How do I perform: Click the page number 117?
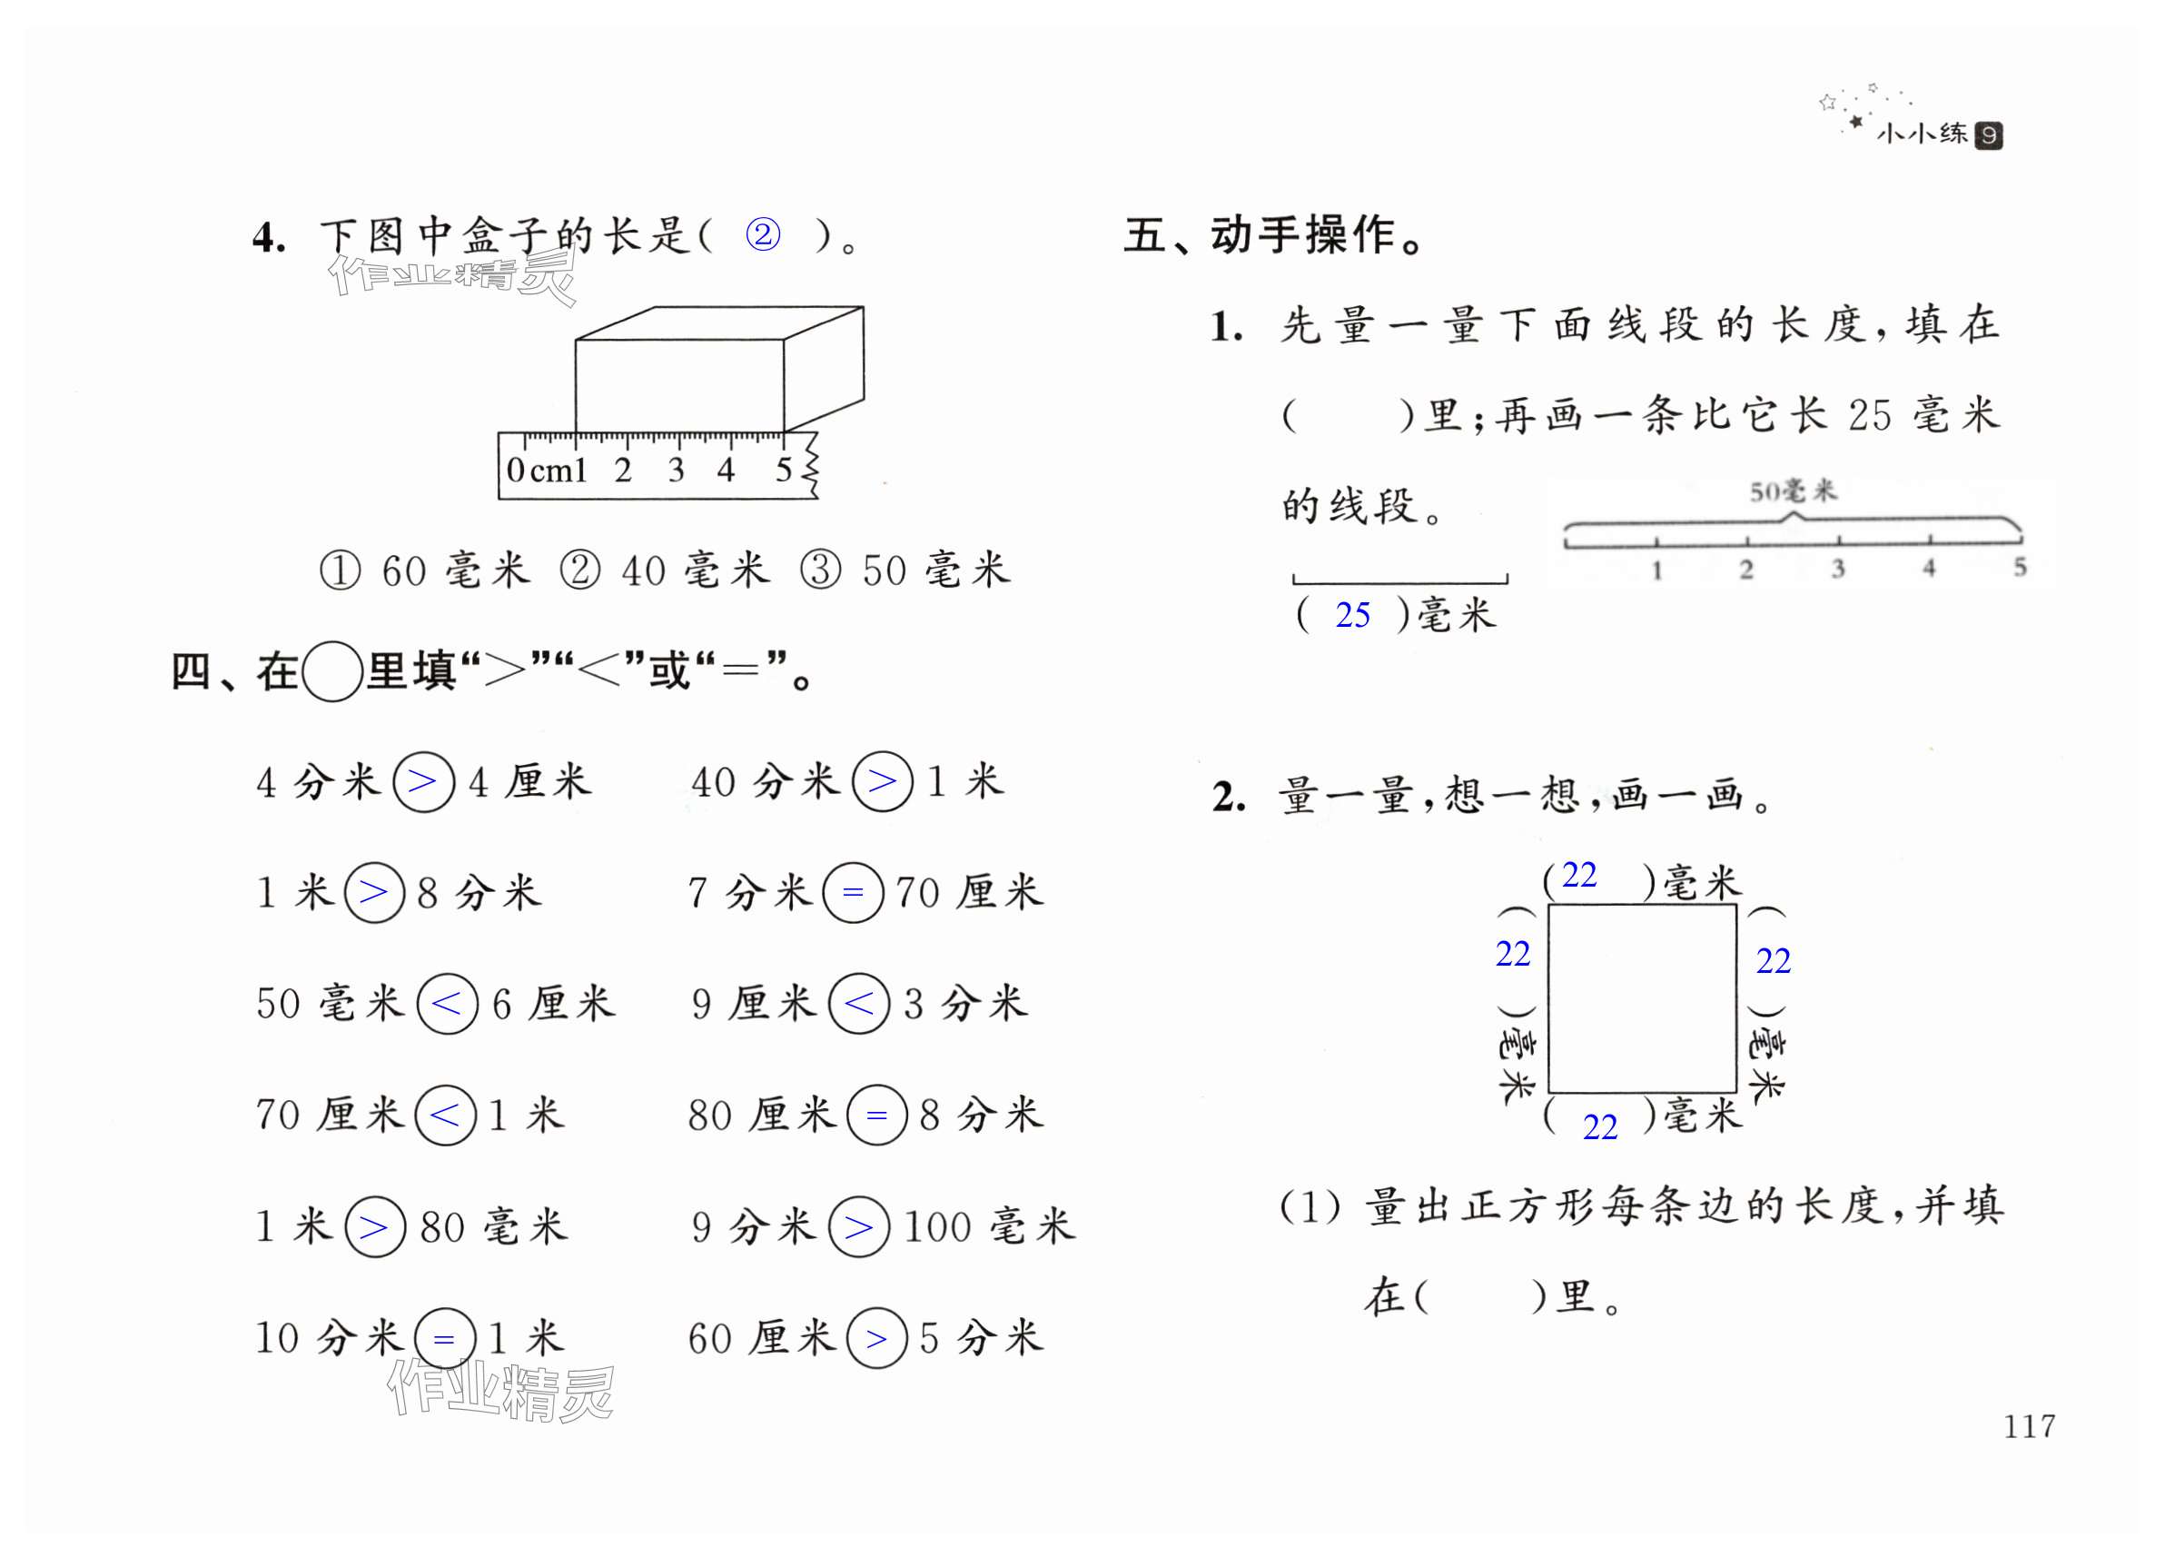click(2029, 1425)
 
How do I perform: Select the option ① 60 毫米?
click(425, 570)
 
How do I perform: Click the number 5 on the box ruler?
click(784, 469)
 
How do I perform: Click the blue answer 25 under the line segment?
click(1352, 616)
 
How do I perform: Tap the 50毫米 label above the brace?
click(1792, 491)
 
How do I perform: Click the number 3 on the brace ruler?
click(1837, 569)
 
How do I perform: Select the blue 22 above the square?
click(1579, 875)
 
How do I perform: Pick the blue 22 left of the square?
click(1513, 954)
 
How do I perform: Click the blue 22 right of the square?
click(1774, 960)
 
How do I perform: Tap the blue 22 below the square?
click(1601, 1127)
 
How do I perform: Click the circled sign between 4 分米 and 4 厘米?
click(423, 782)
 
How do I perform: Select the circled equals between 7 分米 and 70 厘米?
click(853, 893)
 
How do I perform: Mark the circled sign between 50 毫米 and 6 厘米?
click(447, 1003)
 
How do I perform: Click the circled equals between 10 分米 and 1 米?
click(444, 1337)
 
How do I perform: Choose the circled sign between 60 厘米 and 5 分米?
click(876, 1337)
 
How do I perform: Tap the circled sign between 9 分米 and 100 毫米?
click(858, 1226)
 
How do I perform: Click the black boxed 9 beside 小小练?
click(1989, 135)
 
